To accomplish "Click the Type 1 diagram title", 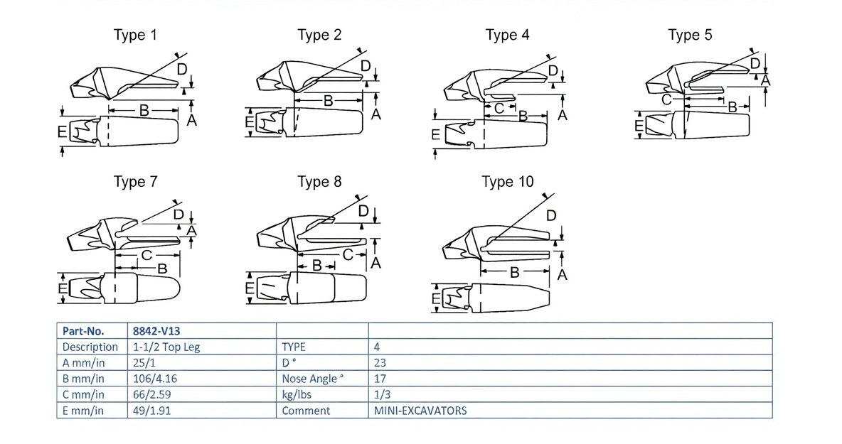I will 135,35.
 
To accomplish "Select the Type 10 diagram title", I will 507,182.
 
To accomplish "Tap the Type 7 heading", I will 135,182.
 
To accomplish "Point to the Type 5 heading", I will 690,35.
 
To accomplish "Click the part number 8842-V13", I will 153,331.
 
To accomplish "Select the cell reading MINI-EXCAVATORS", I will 420,411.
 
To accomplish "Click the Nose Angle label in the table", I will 313,379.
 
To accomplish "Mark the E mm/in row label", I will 83,411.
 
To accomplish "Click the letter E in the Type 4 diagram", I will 435,134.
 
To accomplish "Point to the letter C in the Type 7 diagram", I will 146,254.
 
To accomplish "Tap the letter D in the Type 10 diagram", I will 551,215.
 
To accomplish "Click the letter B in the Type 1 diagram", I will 144,110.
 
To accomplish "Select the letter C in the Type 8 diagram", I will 348,254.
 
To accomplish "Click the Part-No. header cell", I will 83,331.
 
